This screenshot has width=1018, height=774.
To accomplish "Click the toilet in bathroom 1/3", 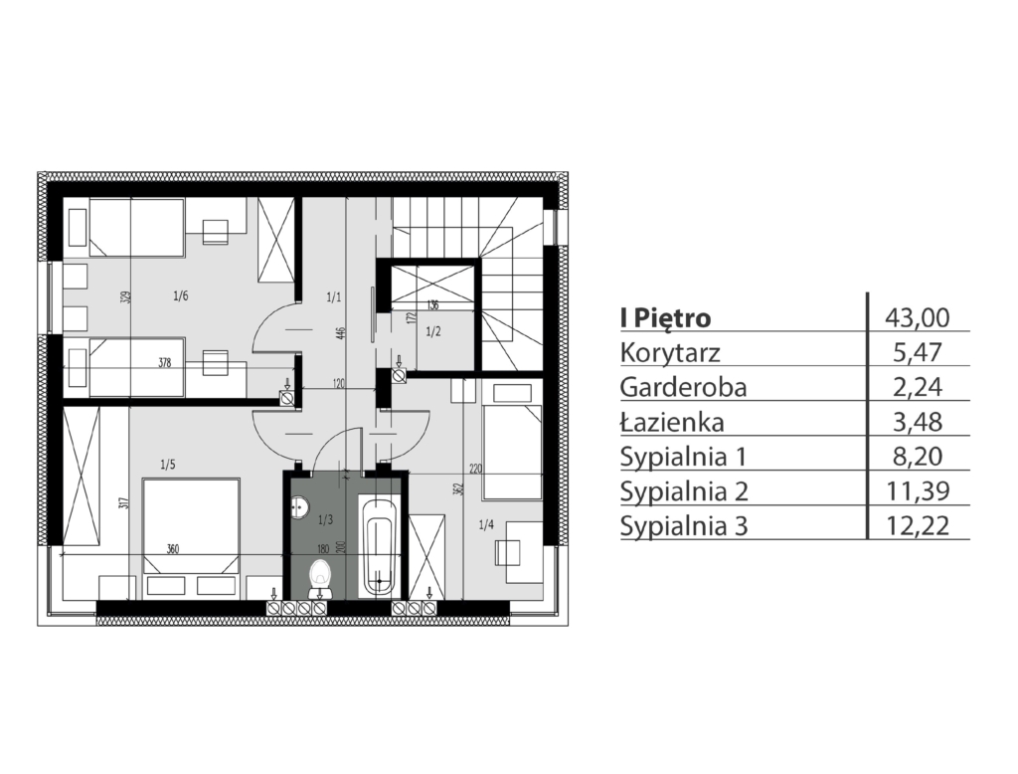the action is tap(320, 579).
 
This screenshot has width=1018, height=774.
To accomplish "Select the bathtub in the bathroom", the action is tap(379, 546).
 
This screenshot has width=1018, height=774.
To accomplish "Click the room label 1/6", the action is tap(181, 296).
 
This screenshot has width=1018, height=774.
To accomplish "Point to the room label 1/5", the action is tap(167, 465).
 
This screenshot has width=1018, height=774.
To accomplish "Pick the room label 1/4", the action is tap(485, 524).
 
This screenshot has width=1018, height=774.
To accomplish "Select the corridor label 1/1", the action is tap(334, 297).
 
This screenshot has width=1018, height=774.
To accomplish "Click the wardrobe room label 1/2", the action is tap(433, 331).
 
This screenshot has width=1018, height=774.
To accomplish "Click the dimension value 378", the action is tap(165, 363).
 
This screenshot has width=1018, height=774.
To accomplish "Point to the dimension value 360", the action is tap(172, 549).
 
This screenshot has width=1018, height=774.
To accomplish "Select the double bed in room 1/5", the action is tap(191, 537).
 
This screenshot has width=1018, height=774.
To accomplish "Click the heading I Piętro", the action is tap(665, 318).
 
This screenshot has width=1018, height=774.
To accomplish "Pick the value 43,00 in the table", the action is tap(918, 317).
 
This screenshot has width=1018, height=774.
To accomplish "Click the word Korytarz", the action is tap(670, 353).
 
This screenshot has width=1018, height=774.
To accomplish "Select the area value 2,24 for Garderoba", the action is tap(918, 387).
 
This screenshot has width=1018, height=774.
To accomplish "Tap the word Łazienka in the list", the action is tap(672, 423).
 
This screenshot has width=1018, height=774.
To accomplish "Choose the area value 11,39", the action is tap(918, 490).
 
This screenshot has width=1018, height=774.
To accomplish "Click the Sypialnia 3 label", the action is tap(684, 525).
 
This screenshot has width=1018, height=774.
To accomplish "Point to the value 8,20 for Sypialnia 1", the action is tap(918, 457).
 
